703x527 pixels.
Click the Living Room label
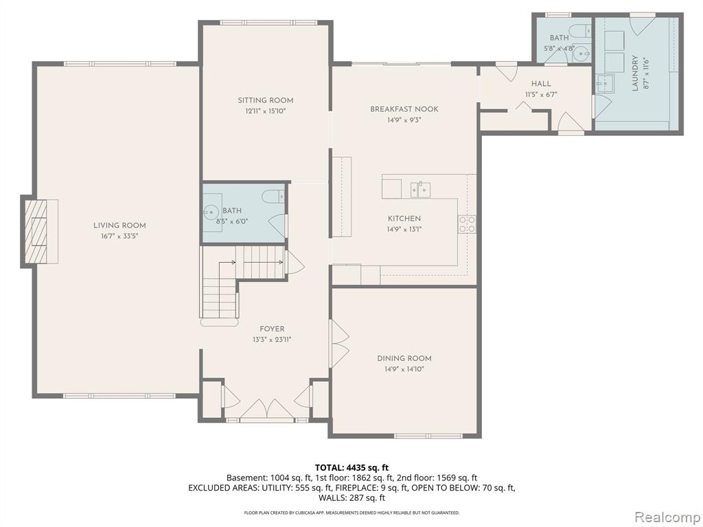click(x=119, y=225)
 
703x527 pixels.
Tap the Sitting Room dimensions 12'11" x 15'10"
click(x=266, y=111)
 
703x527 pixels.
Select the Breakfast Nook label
click(x=404, y=109)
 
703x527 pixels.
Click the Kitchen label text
click(x=404, y=218)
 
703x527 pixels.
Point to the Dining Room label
click(x=404, y=358)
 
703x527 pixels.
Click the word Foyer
click(x=272, y=329)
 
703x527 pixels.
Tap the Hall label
click(x=541, y=84)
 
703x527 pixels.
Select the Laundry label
click(x=635, y=73)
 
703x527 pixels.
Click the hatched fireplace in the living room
click(x=36, y=232)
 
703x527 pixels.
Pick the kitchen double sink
click(x=420, y=189)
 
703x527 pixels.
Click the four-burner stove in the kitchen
click(x=467, y=224)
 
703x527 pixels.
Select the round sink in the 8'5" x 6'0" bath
click(x=210, y=211)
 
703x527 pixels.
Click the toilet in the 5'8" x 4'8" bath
click(x=584, y=30)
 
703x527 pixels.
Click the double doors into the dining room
click(x=340, y=343)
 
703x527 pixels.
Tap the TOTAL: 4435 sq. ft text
click(x=351, y=468)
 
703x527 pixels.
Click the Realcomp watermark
click(x=666, y=517)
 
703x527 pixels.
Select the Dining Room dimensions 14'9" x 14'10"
click(x=404, y=369)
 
